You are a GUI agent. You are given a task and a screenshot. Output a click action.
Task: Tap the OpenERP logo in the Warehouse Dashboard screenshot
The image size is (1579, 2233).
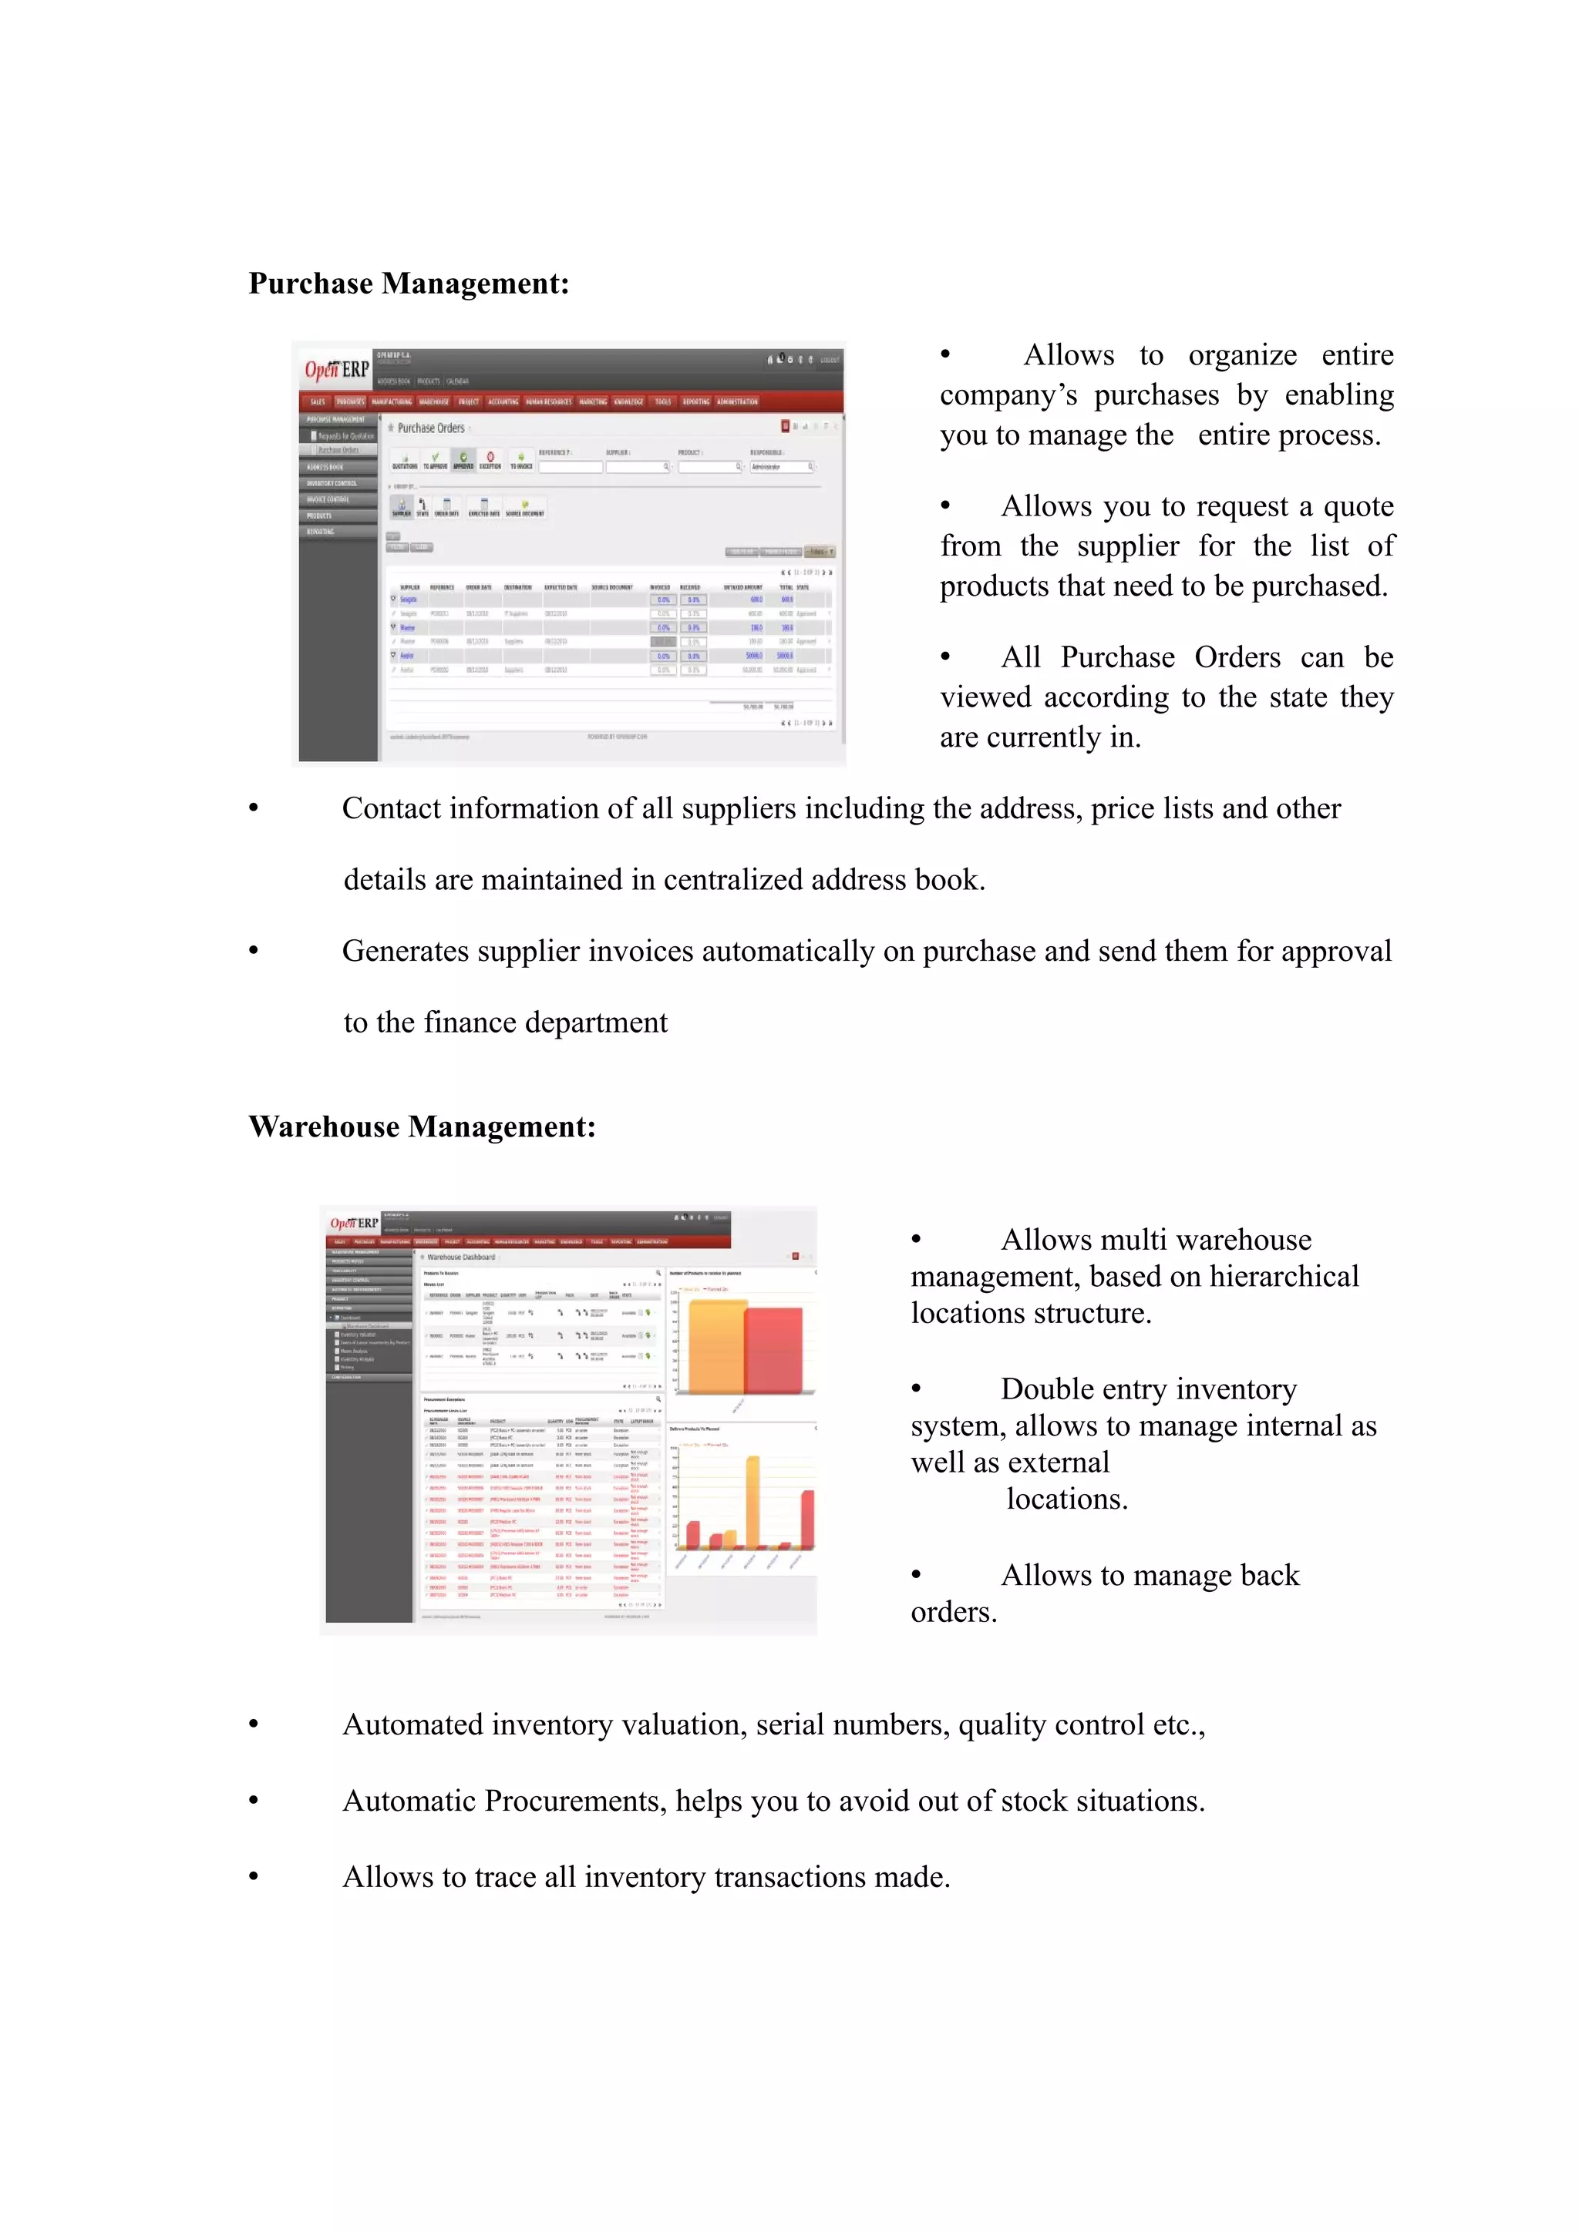pyautogui.click(x=353, y=1223)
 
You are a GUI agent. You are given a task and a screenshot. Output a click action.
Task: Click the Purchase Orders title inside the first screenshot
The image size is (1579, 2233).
pyautogui.click(x=430, y=428)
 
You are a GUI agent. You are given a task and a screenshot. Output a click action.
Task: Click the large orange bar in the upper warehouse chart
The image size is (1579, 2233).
pyautogui.click(x=716, y=1346)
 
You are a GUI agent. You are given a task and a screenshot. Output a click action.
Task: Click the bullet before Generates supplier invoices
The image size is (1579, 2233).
pyautogui.click(x=254, y=950)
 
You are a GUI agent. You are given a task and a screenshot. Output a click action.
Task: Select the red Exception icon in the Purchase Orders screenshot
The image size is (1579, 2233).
pyautogui.click(x=490, y=457)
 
